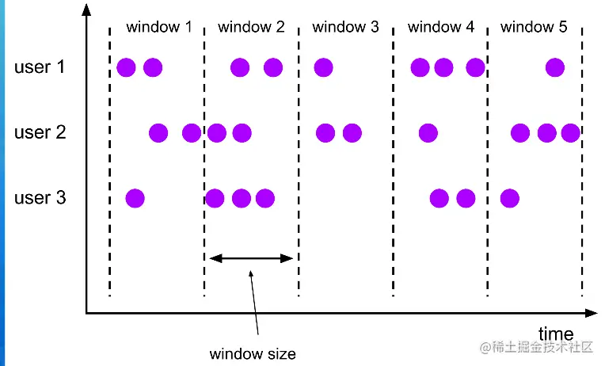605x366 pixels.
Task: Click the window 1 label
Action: pyautogui.click(x=158, y=27)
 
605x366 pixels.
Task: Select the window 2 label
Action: pyautogui.click(x=251, y=27)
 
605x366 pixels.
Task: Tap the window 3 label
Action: pyautogui.click(x=345, y=27)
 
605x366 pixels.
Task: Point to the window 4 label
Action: pyautogui.click(x=440, y=27)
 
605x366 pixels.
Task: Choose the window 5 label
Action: pyautogui.click(x=534, y=27)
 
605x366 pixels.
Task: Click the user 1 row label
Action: pyautogui.click(x=40, y=67)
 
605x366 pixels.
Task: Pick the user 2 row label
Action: pyautogui.click(x=40, y=132)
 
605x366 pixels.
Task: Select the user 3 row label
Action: pyautogui.click(x=40, y=197)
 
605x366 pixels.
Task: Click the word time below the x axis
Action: pyautogui.click(x=556, y=333)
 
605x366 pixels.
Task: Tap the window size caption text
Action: pyautogui.click(x=252, y=353)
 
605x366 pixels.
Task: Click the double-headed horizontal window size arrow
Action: pyautogui.click(x=251, y=257)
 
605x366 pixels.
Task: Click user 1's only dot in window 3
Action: pyautogui.click(x=322, y=67)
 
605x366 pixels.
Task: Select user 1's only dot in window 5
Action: pyautogui.click(x=555, y=67)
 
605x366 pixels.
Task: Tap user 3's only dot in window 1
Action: pyautogui.click(x=135, y=197)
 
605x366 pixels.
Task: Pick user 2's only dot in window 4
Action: pyautogui.click(x=428, y=132)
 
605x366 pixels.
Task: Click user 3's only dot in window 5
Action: pyautogui.click(x=510, y=197)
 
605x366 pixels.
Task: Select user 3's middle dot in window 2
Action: pyautogui.click(x=241, y=197)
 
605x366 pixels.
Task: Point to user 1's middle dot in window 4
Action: pyautogui.click(x=443, y=67)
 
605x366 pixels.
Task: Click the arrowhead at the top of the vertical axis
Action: pyautogui.click(x=86, y=10)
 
